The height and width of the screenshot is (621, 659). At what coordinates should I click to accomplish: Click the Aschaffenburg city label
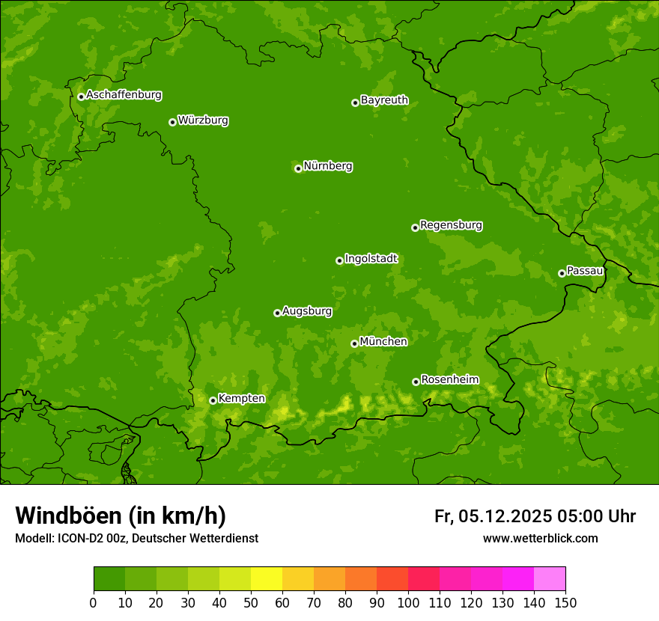pos(124,95)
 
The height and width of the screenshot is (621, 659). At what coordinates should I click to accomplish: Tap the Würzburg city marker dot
pos(172,122)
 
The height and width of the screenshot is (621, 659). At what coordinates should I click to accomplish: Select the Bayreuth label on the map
pos(384,100)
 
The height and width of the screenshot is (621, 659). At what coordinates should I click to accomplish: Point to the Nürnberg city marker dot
pos(298,168)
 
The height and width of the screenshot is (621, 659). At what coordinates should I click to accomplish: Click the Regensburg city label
pos(451,225)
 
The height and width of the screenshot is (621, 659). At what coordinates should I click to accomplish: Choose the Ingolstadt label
pos(371,259)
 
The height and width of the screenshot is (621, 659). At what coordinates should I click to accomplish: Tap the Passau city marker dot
pos(562,273)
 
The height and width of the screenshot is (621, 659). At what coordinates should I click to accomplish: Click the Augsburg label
pos(307,311)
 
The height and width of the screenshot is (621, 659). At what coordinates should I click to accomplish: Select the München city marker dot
pos(354,343)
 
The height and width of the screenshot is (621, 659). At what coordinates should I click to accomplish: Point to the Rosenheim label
pos(449,380)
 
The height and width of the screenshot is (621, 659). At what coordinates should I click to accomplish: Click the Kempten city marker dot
pos(213,400)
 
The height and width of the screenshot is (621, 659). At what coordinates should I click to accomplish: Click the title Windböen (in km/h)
pos(121,516)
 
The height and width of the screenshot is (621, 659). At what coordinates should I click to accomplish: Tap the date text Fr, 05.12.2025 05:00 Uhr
pos(535,516)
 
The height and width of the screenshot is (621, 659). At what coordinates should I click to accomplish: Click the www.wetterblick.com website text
pos(540,538)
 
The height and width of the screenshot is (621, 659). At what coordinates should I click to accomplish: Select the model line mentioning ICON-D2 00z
pos(136,538)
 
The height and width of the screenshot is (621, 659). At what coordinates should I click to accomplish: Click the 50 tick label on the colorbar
pos(251,602)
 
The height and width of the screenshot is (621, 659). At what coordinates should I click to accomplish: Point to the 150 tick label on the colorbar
pos(565,602)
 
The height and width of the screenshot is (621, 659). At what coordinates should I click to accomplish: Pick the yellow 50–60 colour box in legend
pos(267,579)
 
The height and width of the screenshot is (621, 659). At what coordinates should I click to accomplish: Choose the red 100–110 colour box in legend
pos(424,579)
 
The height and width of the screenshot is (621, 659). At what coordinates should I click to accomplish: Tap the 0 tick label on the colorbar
pos(94,602)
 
